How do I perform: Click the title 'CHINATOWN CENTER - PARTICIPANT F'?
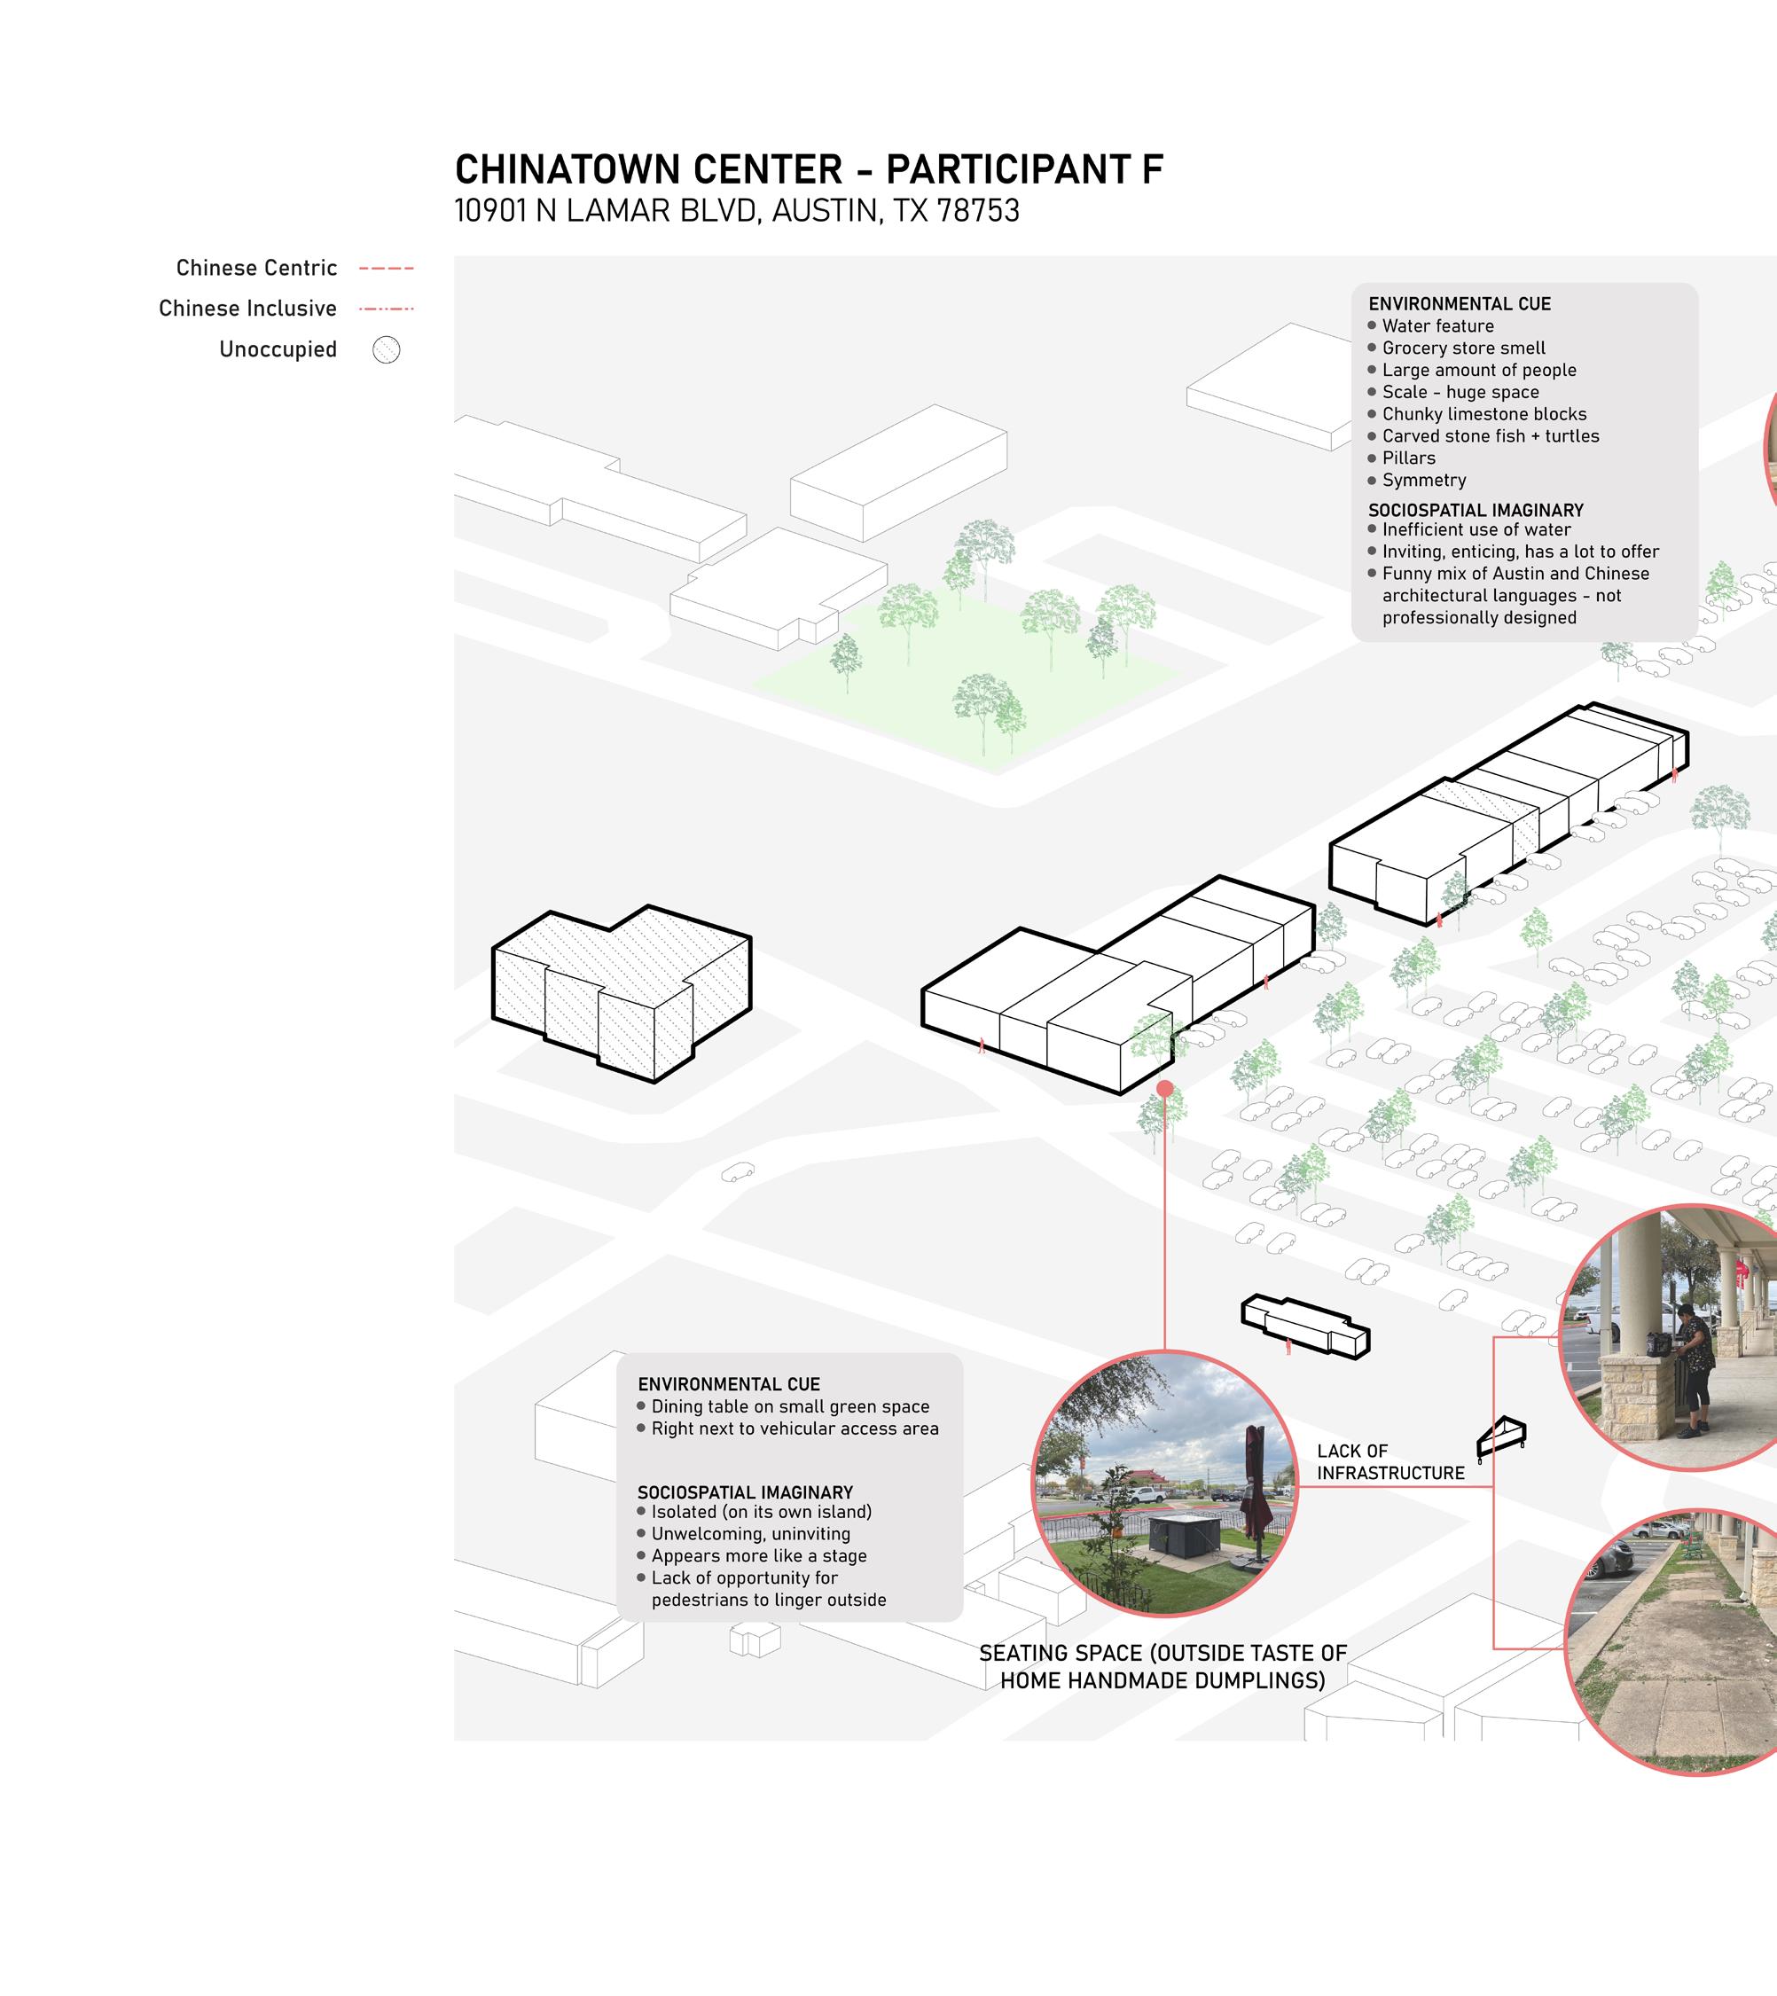[809, 170]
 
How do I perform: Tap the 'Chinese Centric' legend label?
[257, 269]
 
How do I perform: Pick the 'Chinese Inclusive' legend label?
[248, 309]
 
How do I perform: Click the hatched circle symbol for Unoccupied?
[387, 349]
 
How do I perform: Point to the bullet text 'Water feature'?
[1437, 326]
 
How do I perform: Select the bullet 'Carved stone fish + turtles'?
[1490, 436]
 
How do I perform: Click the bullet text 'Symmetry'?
[1423, 481]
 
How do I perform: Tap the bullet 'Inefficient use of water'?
[1476, 530]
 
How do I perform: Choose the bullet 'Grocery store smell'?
[1464, 348]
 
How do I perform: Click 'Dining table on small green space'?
[790, 1406]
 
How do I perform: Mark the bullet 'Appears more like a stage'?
[759, 1555]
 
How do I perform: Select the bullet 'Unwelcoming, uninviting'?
[750, 1534]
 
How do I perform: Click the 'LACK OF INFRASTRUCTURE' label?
[1390, 1462]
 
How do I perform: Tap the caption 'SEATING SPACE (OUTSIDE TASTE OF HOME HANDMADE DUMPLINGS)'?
[1162, 1666]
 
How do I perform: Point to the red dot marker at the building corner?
[1165, 1088]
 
